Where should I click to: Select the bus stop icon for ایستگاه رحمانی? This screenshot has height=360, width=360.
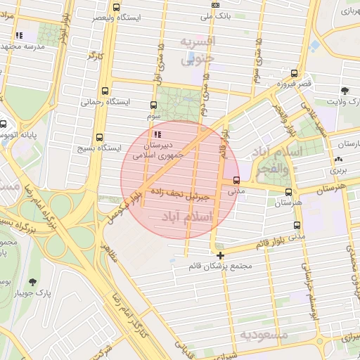[x=105, y=90]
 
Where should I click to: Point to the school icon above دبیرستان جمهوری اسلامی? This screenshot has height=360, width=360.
[x=157, y=134]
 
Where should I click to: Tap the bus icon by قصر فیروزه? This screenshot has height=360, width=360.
[x=293, y=72]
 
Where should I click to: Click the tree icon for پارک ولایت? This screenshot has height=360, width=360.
[x=345, y=91]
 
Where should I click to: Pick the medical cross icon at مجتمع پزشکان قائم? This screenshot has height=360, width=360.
[x=221, y=256]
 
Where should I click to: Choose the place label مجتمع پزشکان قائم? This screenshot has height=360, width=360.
[x=221, y=267]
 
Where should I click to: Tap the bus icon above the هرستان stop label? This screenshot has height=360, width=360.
[x=288, y=192]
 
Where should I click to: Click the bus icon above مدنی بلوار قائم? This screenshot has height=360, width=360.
[x=297, y=226]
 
